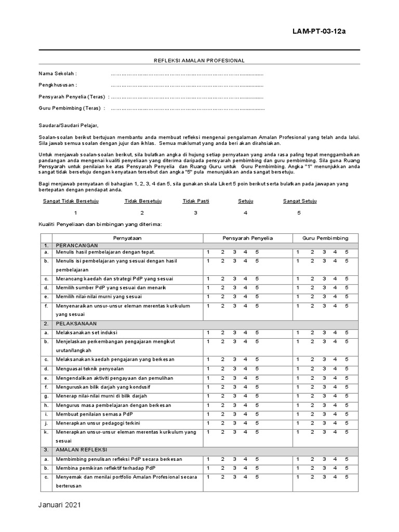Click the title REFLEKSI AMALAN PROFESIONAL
click(x=199, y=61)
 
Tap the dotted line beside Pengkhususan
click(x=187, y=85)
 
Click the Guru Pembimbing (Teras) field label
click(x=72, y=108)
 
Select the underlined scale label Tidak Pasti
click(x=196, y=201)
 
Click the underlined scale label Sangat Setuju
click(x=299, y=201)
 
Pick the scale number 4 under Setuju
click(x=245, y=213)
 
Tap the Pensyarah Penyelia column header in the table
click(x=247, y=238)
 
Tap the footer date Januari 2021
click(x=60, y=505)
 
